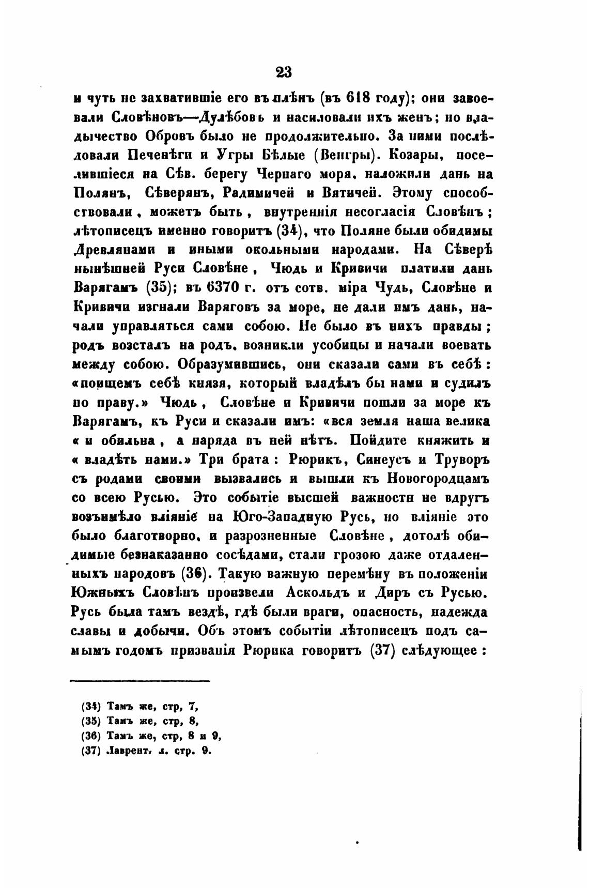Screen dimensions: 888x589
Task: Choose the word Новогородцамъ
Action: click(438, 478)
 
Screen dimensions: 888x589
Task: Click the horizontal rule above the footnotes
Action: click(139, 681)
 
